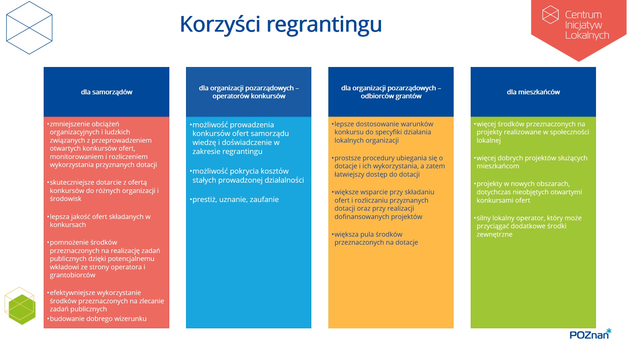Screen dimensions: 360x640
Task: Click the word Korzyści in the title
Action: pyautogui.click(x=220, y=24)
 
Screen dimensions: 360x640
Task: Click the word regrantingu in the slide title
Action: pyautogui.click(x=324, y=25)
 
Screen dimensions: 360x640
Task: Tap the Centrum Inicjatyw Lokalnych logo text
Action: pyautogui.click(x=587, y=25)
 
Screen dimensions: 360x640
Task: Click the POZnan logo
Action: pyautogui.click(x=590, y=334)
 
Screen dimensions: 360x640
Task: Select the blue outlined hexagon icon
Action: pyautogui.click(x=29, y=28)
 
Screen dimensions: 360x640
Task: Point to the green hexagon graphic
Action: pyautogui.click(x=22, y=309)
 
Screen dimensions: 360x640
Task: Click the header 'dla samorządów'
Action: pyautogui.click(x=107, y=92)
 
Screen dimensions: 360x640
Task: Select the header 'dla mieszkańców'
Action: pyautogui.click(x=533, y=92)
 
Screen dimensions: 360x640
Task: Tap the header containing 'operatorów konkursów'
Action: pyautogui.click(x=249, y=92)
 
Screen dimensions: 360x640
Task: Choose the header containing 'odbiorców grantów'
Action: pyautogui.click(x=391, y=92)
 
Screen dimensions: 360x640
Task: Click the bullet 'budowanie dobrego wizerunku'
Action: pyautogui.click(x=98, y=319)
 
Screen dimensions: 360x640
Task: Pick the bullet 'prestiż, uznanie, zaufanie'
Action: pyautogui.click(x=235, y=199)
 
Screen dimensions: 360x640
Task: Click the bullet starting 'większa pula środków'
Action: pyautogui.click(x=376, y=238)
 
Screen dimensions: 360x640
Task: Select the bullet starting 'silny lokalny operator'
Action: pyautogui.click(x=529, y=226)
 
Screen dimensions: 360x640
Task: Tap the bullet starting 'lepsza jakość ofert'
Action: pyautogui.click(x=100, y=221)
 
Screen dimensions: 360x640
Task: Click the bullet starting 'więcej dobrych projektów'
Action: pyautogui.click(x=532, y=162)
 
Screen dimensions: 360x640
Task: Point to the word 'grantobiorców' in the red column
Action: pyautogui.click(x=73, y=275)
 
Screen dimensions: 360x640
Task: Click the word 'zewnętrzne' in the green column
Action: pyautogui.click(x=494, y=234)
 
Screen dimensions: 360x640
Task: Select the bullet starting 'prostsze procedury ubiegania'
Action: pyautogui.click(x=389, y=166)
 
